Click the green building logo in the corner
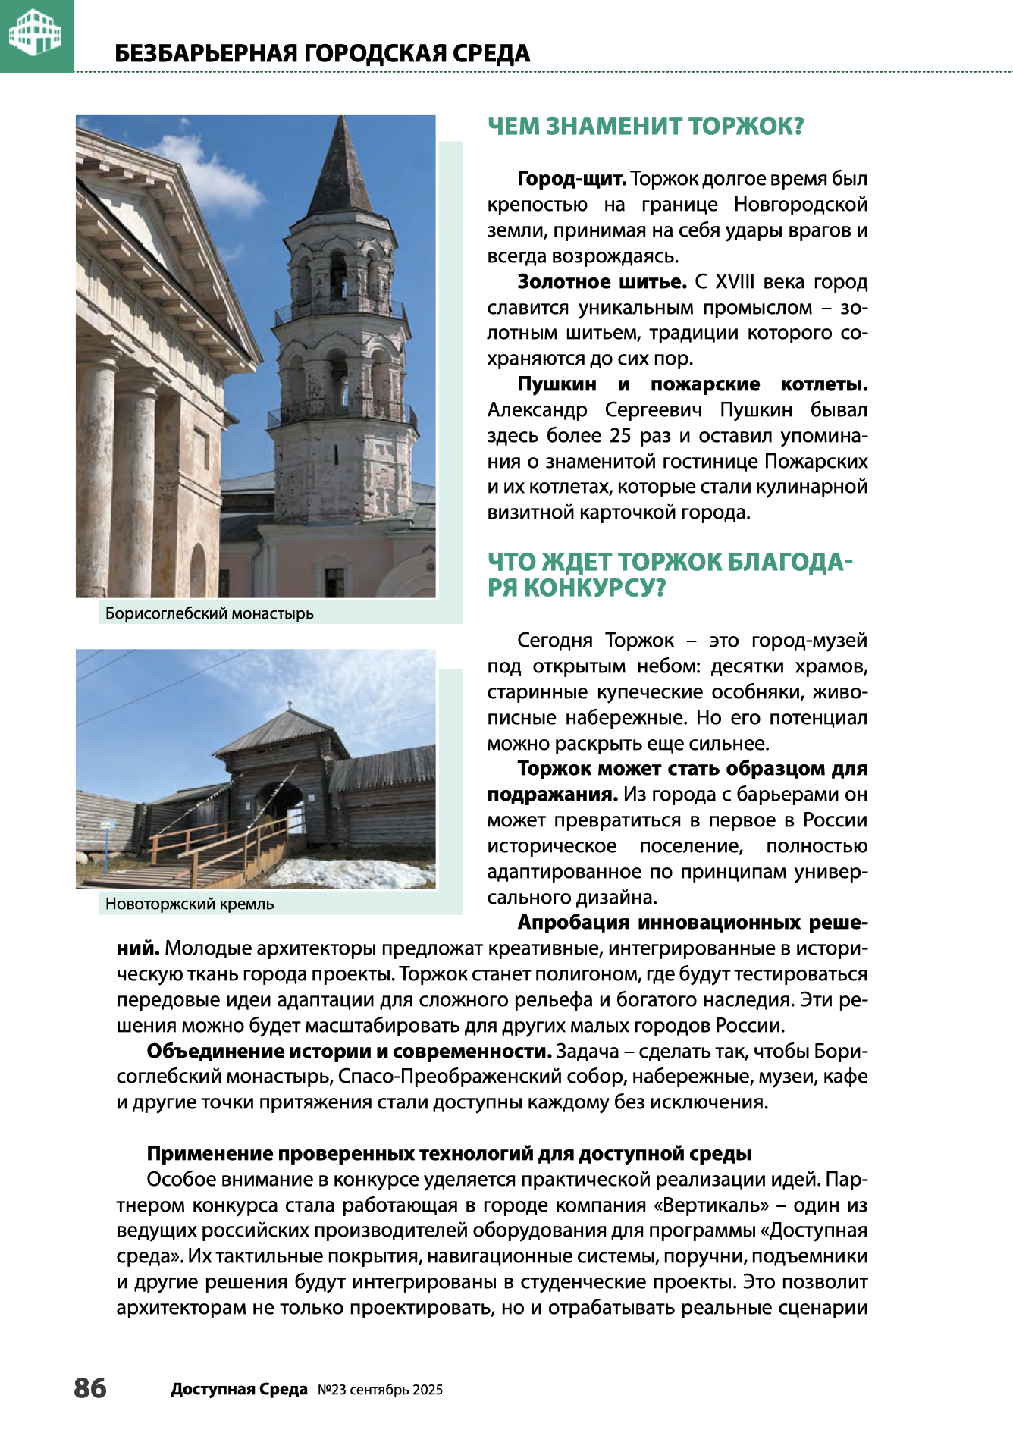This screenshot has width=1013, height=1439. coord(35,33)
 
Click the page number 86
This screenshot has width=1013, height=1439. coord(90,1388)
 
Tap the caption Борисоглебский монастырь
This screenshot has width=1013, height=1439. coord(209,613)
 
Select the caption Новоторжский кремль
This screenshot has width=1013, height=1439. coord(190,904)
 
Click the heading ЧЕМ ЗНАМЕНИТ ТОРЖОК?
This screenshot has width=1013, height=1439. coord(645,126)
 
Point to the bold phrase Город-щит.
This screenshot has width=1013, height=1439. coord(571,179)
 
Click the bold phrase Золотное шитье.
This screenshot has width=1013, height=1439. coord(601,282)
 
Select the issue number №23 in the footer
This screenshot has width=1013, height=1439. coord(331,1390)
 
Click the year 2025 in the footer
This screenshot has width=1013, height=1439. coord(428,1390)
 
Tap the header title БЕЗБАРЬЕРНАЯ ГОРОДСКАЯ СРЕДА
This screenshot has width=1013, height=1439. coord(322,54)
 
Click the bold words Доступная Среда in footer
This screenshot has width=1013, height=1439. coord(239,1390)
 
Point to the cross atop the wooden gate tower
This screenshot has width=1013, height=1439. coord(288,704)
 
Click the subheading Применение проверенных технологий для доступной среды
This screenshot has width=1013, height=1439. coord(449,1153)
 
